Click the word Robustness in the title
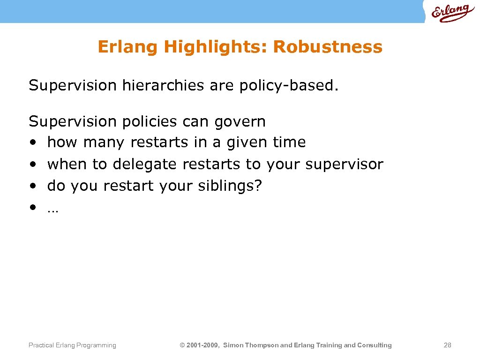tap(328, 47)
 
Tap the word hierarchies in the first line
tap(163, 86)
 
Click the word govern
tap(240, 122)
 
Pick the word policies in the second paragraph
tap(150, 122)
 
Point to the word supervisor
tap(344, 164)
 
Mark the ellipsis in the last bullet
tap(52, 210)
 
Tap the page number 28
tap(447, 345)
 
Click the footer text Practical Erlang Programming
tap(72, 345)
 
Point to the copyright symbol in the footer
tap(182, 345)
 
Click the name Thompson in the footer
tap(260, 345)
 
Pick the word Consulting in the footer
tap(375, 345)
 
